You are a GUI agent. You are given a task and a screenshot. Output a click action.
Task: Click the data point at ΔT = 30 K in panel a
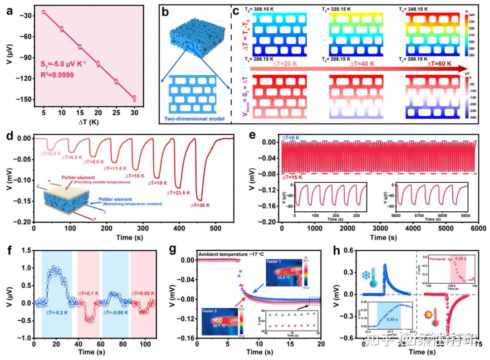[134, 98]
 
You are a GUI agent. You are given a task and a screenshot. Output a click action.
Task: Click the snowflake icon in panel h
[366, 276]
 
